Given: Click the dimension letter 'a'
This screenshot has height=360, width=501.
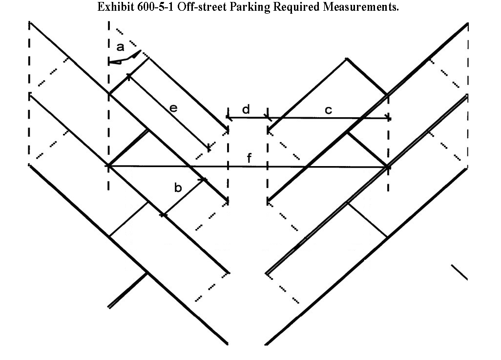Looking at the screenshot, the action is pos(121,47).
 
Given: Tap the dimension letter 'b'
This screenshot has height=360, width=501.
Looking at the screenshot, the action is pos(178,188).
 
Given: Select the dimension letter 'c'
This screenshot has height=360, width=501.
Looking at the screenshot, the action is pos(328,110).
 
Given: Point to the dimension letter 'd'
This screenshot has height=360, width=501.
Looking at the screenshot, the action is pos(246,109).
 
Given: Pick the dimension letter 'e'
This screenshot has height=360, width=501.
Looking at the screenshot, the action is pos(173,108).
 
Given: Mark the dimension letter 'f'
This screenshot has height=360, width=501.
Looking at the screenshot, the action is pos(249,158).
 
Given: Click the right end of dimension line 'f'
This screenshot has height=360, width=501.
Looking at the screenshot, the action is pos(387,167).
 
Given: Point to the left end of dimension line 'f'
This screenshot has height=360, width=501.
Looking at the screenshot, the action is pos(109,166).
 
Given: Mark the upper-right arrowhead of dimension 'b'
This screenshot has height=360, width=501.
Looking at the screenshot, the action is pos(204,180).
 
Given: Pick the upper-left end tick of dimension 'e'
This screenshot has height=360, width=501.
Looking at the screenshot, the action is pos(129,76).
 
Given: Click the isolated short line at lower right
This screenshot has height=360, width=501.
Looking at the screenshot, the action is pos(459,272).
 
